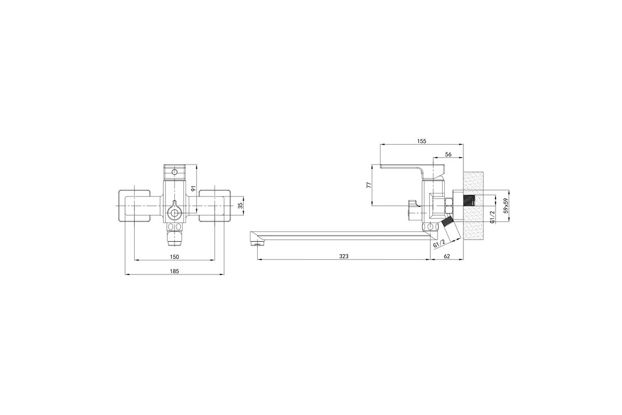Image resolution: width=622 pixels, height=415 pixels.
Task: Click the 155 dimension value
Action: (421, 141)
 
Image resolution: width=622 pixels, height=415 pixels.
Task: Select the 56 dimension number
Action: (448, 155)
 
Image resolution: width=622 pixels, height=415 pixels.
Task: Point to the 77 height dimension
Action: (369, 185)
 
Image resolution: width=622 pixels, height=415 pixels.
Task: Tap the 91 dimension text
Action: (193, 188)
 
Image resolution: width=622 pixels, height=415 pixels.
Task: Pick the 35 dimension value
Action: (241, 205)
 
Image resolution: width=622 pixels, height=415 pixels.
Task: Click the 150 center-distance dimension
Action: (174, 257)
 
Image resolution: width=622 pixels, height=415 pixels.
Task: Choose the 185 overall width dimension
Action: (174, 271)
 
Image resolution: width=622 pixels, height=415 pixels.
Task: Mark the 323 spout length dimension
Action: (344, 257)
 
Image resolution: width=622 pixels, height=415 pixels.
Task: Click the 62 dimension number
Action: (446, 257)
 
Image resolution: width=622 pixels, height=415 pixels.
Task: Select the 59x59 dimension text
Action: (506, 205)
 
